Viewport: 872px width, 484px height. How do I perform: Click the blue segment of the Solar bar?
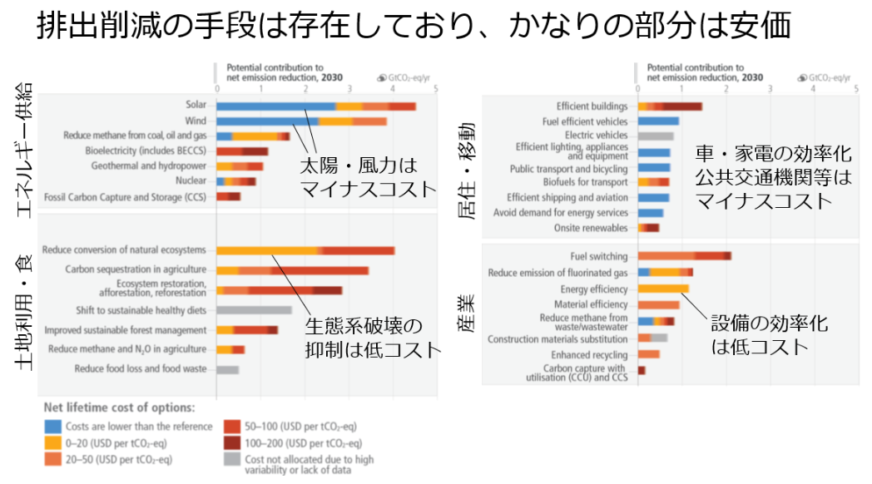point(275,106)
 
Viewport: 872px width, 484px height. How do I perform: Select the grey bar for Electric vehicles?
point(656,136)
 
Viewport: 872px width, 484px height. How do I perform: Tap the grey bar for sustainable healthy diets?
point(254,310)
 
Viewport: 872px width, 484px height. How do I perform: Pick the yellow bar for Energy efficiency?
point(663,289)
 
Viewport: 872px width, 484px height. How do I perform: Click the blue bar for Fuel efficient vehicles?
point(658,121)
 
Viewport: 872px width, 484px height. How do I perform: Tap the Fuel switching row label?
point(599,256)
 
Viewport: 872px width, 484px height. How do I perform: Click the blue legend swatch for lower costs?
point(55,427)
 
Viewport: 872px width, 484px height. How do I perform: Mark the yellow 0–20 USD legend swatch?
point(55,443)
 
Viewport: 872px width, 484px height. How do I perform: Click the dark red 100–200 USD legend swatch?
point(233,443)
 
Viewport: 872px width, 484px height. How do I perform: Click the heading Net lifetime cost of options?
point(120,407)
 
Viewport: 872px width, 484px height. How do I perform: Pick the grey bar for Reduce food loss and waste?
point(227,369)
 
